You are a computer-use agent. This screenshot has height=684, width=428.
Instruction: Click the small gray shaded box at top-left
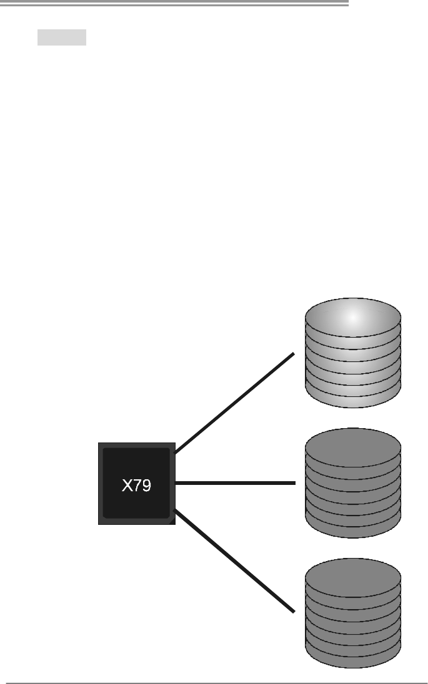(x=61, y=37)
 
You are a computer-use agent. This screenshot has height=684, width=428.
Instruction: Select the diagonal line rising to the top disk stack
(x=234, y=403)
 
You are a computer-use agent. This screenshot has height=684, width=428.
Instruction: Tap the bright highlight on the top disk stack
(x=353, y=318)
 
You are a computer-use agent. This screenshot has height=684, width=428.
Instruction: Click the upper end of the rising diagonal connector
(x=292, y=354)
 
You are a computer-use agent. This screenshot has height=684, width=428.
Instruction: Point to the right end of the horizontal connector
(x=294, y=482)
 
